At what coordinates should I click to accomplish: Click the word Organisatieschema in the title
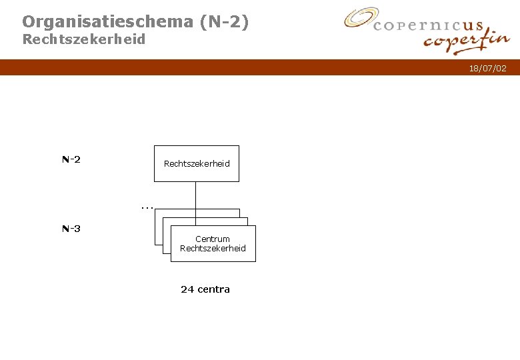107,22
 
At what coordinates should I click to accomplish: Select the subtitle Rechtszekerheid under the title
84,39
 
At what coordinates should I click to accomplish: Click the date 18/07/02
487,69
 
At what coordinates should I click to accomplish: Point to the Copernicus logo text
427,26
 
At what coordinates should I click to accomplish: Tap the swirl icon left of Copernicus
360,19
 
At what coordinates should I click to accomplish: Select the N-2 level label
71,159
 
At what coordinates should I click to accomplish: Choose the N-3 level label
71,229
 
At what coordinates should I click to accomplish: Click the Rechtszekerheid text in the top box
197,163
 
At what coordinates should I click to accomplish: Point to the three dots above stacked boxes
147,207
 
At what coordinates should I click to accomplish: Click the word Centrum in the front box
213,239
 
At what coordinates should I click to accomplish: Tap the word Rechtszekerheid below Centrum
213,249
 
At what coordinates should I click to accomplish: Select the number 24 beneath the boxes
187,289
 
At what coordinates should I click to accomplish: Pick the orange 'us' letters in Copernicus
472,26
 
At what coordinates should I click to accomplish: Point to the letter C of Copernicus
378,27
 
